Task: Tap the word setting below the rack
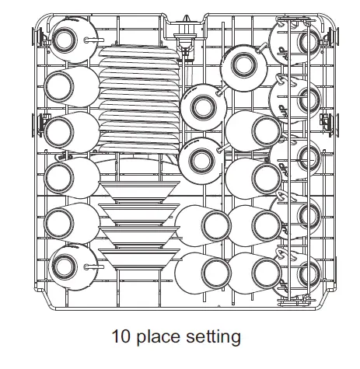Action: pos(214,337)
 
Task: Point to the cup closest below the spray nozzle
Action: pos(201,104)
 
